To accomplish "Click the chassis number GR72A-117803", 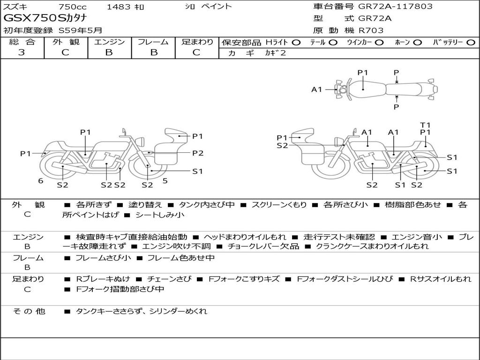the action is point(395,7).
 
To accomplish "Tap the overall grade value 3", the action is point(22,52).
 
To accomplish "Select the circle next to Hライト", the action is point(296,42).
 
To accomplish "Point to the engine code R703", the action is point(371,30).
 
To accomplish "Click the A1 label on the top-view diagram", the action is point(317,89).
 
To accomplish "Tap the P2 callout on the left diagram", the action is point(198,153).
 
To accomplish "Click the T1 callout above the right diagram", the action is point(425,125).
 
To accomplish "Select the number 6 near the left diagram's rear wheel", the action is point(41,180).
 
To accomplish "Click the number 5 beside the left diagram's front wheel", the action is point(165,180).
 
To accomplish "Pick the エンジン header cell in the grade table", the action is point(110,42).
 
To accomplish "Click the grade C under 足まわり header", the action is point(196,52).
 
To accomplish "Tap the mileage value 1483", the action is point(119,7).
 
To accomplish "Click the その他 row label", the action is point(29,311).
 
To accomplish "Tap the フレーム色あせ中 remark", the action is point(181,258).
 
